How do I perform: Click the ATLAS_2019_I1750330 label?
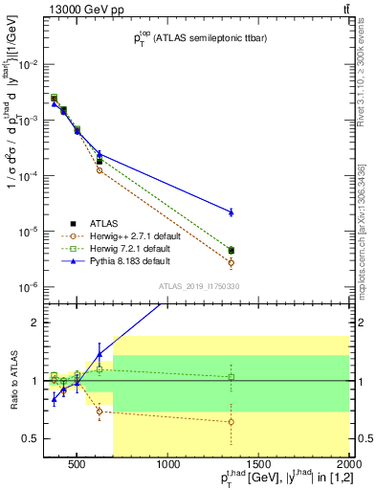pos(198,286)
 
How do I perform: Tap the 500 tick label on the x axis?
pos(78,466)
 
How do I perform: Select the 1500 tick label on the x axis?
pos(259,466)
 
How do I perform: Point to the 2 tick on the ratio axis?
pos(35,323)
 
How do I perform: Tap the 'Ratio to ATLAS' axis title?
pos(11,380)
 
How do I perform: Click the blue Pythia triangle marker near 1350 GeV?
pos(231,212)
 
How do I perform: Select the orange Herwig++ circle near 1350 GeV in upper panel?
pos(231,262)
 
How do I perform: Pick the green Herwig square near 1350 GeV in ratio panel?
pos(231,377)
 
